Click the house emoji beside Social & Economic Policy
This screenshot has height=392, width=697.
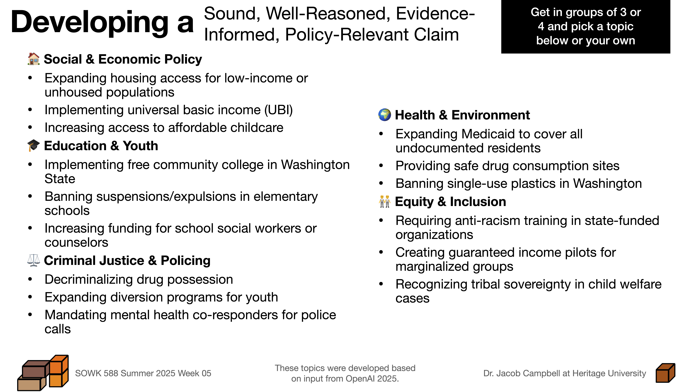pyautogui.click(x=34, y=59)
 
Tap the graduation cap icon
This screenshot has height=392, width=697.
pyautogui.click(x=34, y=146)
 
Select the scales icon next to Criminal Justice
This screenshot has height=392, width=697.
pyautogui.click(x=34, y=260)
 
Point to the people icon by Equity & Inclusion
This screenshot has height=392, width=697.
pyautogui.click(x=385, y=202)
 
